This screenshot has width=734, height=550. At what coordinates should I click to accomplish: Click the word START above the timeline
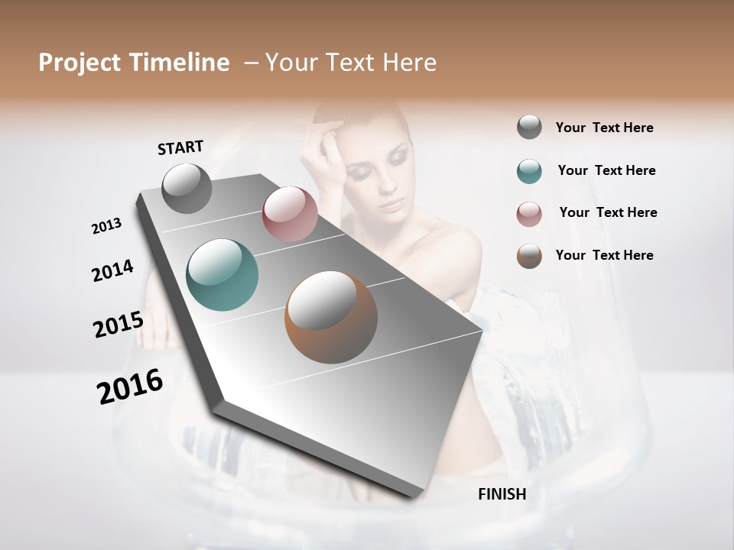pyautogui.click(x=180, y=147)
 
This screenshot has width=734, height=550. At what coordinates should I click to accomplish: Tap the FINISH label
pyautogui.click(x=502, y=494)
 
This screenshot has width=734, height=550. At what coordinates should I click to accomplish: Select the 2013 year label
pyautogui.click(x=107, y=225)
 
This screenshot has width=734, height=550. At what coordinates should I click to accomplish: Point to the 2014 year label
pyautogui.click(x=113, y=270)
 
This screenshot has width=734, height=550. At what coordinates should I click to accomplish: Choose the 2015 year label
pyautogui.click(x=119, y=325)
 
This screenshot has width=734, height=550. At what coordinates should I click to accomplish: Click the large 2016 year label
pyautogui.click(x=130, y=386)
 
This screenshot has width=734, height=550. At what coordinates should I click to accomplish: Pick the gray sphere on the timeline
pyautogui.click(x=187, y=188)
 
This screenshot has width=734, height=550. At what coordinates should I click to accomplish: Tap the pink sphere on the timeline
pyautogui.click(x=290, y=214)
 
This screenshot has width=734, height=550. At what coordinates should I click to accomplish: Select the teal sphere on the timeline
pyautogui.click(x=222, y=274)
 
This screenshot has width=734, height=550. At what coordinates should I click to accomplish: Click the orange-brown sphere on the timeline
pyautogui.click(x=331, y=317)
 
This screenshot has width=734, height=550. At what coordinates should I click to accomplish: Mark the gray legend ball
pyautogui.click(x=529, y=127)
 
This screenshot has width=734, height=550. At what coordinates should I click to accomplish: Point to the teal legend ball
pyautogui.click(x=529, y=171)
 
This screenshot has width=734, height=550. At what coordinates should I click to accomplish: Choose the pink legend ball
pyautogui.click(x=529, y=214)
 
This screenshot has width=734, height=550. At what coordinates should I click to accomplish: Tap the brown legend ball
pyautogui.click(x=529, y=256)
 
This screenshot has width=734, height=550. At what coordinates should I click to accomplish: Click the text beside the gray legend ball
pyautogui.click(x=604, y=128)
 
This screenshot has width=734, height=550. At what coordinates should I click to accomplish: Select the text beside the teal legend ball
pyautogui.click(x=606, y=170)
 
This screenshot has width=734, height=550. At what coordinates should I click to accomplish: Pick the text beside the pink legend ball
pyautogui.click(x=608, y=212)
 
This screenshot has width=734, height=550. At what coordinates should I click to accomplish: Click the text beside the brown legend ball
pyautogui.click(x=604, y=255)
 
